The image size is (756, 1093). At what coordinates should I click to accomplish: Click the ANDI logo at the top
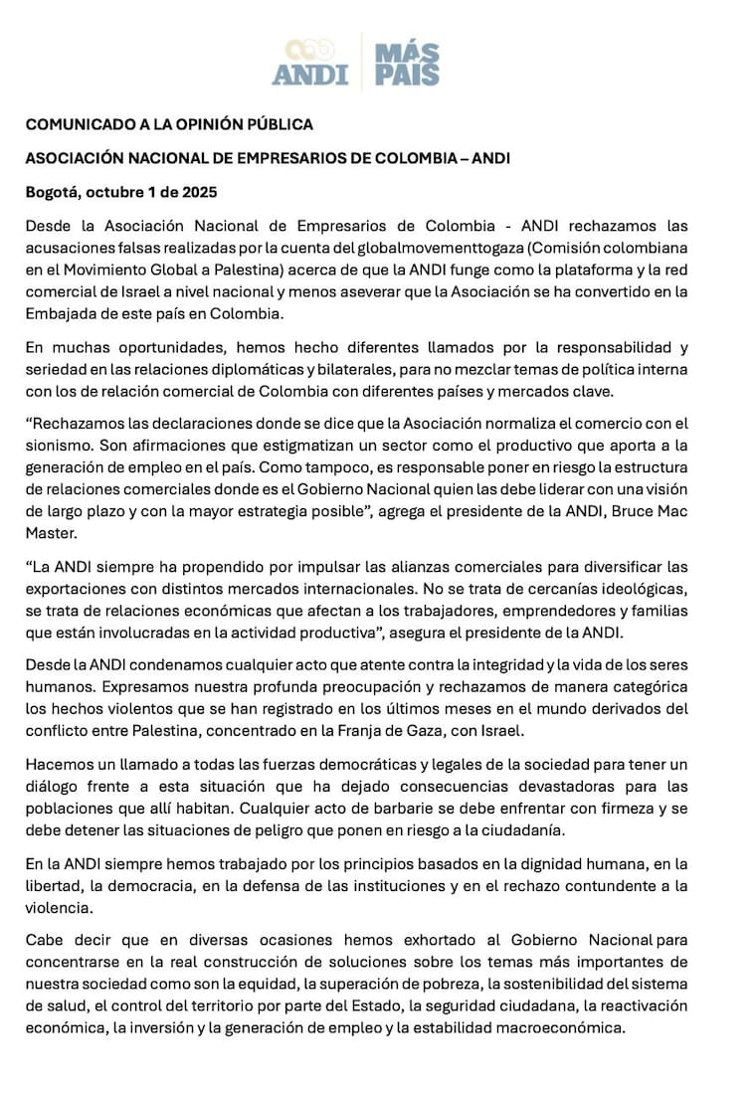point(310,62)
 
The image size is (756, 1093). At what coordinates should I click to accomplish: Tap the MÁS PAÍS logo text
point(406,63)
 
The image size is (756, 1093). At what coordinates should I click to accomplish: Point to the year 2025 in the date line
point(198,192)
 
